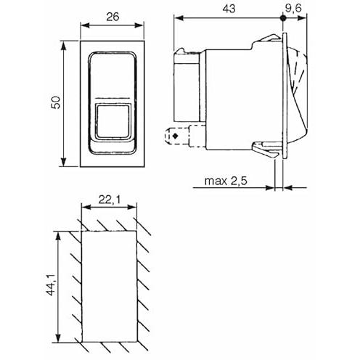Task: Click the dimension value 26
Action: tap(112, 17)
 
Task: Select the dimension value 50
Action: tap(56, 102)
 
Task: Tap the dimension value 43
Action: tap(229, 9)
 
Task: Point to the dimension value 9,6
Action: tap(293, 8)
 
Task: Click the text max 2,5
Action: tap(226, 181)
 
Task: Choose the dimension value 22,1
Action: tap(110, 200)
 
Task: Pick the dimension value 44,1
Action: tap(52, 285)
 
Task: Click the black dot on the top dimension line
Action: tap(282, 18)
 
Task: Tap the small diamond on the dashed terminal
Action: tap(176, 136)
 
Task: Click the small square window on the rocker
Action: tap(112, 121)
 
